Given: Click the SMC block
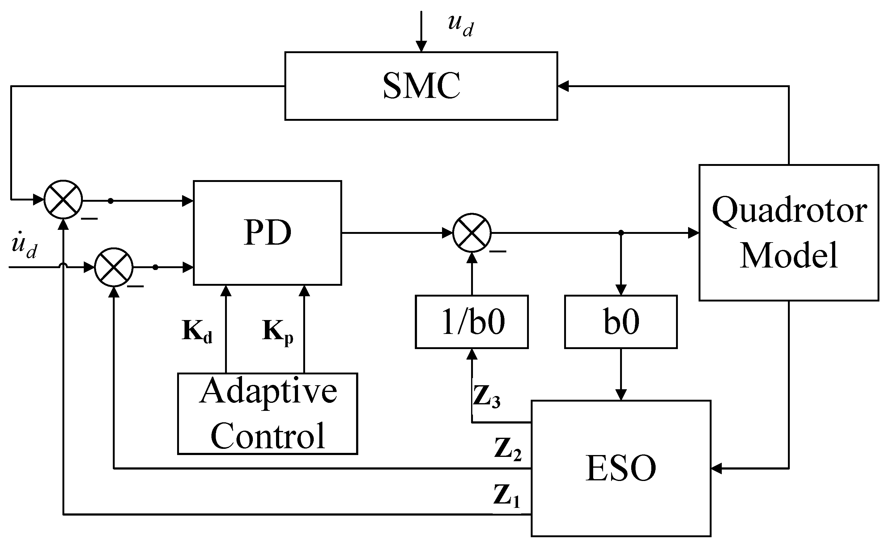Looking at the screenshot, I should [x=421, y=86].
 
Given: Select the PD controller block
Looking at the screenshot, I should [x=267, y=233].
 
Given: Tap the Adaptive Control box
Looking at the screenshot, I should [x=267, y=414].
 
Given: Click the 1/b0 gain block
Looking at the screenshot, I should [x=472, y=322].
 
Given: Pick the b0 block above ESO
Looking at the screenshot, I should [x=621, y=322].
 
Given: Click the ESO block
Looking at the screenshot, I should [x=621, y=468].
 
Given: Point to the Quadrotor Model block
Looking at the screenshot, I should [x=789, y=233].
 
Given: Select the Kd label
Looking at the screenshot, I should [x=197, y=331].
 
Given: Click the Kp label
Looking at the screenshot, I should [x=277, y=331].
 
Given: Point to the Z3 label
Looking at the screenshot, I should [x=486, y=397].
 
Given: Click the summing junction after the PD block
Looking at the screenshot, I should [x=472, y=233].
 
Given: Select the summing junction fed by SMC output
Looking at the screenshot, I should [x=63, y=199].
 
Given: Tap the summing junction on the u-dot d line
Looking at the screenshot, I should [x=114, y=267].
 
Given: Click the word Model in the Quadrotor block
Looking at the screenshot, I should [x=789, y=255].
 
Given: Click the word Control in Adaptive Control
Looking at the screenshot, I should [x=267, y=436].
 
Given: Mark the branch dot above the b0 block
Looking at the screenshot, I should [x=621, y=233].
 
